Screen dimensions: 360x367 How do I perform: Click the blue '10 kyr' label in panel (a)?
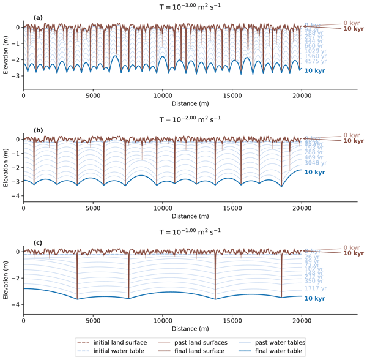314,72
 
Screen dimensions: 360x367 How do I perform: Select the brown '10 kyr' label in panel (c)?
353,253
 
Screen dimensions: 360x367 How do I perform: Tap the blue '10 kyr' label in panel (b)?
314,173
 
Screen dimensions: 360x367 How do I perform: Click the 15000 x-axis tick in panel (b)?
232,209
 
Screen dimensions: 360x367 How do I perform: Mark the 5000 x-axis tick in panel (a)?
93,96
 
